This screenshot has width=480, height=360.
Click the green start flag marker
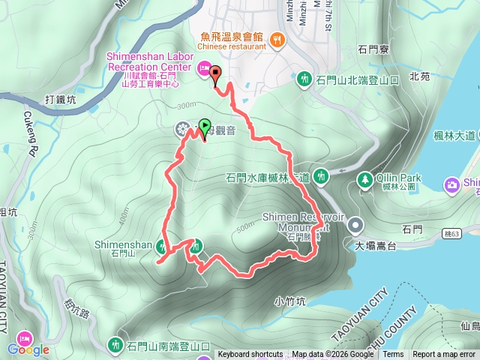click(x=205, y=127)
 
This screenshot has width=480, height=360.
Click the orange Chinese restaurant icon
click(x=277, y=39)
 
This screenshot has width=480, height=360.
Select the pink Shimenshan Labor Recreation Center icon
click(x=202, y=70)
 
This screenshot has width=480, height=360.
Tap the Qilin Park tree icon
click(x=364, y=179)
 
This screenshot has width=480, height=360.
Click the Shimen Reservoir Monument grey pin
click(x=355, y=224)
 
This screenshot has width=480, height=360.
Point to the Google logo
click(x=28, y=349)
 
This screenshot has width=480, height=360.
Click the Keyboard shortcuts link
click(x=250, y=355)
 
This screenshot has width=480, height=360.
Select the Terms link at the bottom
click(x=393, y=355)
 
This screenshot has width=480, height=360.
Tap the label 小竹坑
click(x=289, y=301)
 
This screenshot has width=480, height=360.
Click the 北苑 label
click(x=420, y=76)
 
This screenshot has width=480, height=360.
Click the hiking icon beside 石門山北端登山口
click(x=304, y=78)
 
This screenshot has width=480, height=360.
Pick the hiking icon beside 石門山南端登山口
click(x=115, y=345)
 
